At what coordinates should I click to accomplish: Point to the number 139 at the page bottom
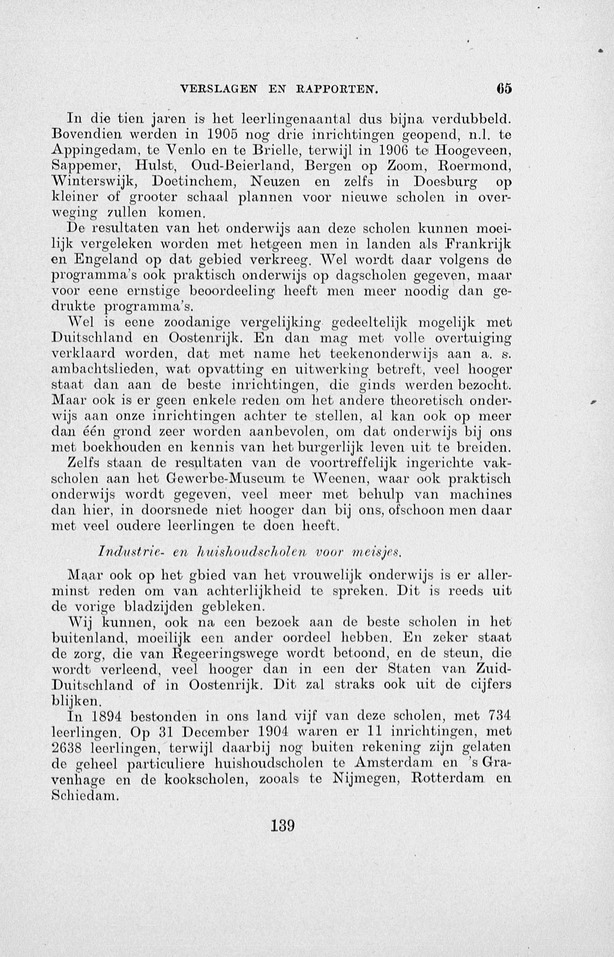coord(282,825)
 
